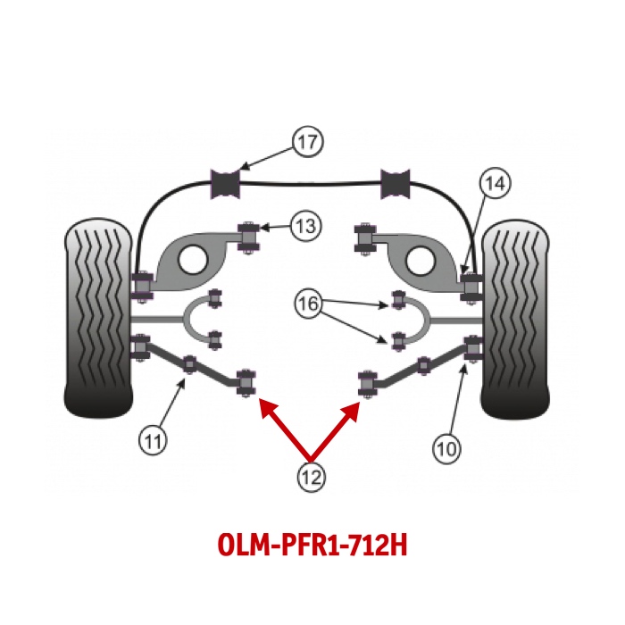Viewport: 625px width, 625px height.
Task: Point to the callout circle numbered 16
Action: pos(307,305)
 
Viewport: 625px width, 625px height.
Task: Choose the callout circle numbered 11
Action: pos(153,439)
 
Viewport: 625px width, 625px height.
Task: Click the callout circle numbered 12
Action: pos(312,477)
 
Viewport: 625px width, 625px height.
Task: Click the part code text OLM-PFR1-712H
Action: pos(312,546)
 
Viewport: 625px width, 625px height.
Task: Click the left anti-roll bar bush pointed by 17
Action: pos(226,183)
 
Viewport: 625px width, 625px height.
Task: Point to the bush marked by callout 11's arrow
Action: pos(189,364)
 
